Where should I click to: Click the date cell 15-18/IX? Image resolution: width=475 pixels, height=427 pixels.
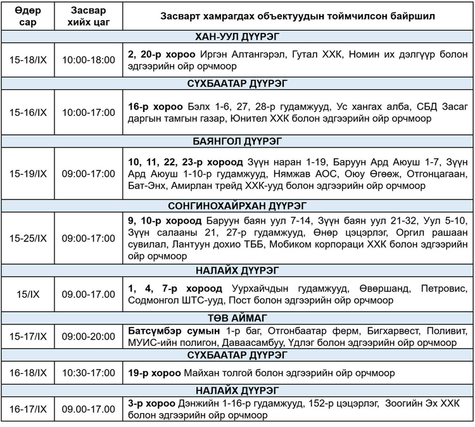pos(28,60)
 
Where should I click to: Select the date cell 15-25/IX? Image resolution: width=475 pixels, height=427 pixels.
pos(28,238)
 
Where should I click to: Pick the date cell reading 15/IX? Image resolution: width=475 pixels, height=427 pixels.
pos(28,295)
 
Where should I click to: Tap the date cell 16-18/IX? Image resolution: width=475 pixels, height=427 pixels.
pos(28,373)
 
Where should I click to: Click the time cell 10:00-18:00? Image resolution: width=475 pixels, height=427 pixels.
pos(88,60)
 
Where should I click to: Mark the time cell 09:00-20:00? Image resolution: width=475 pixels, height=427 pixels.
pos(88,336)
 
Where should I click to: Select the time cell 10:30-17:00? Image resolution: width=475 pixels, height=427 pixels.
pos(88,373)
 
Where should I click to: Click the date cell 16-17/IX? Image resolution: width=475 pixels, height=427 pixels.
pos(28,409)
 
